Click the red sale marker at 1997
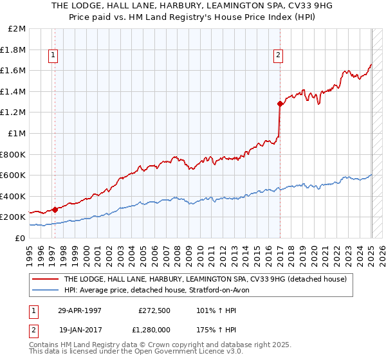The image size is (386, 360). tap(55, 209)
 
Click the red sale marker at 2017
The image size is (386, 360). tap(280, 104)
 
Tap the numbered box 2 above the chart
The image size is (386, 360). tap(278, 56)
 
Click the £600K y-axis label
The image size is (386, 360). tap(14, 175)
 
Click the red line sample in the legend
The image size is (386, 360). tap(45, 279)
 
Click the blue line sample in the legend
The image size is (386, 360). tap(45, 290)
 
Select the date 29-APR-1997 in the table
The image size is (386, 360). tap(80, 310)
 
